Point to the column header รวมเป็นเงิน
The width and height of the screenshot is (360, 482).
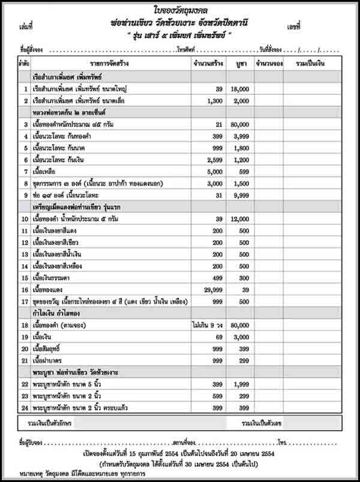click(x=311, y=63)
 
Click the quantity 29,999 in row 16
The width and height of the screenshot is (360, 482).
click(x=206, y=290)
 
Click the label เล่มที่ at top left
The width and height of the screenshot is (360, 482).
click(x=26, y=27)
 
